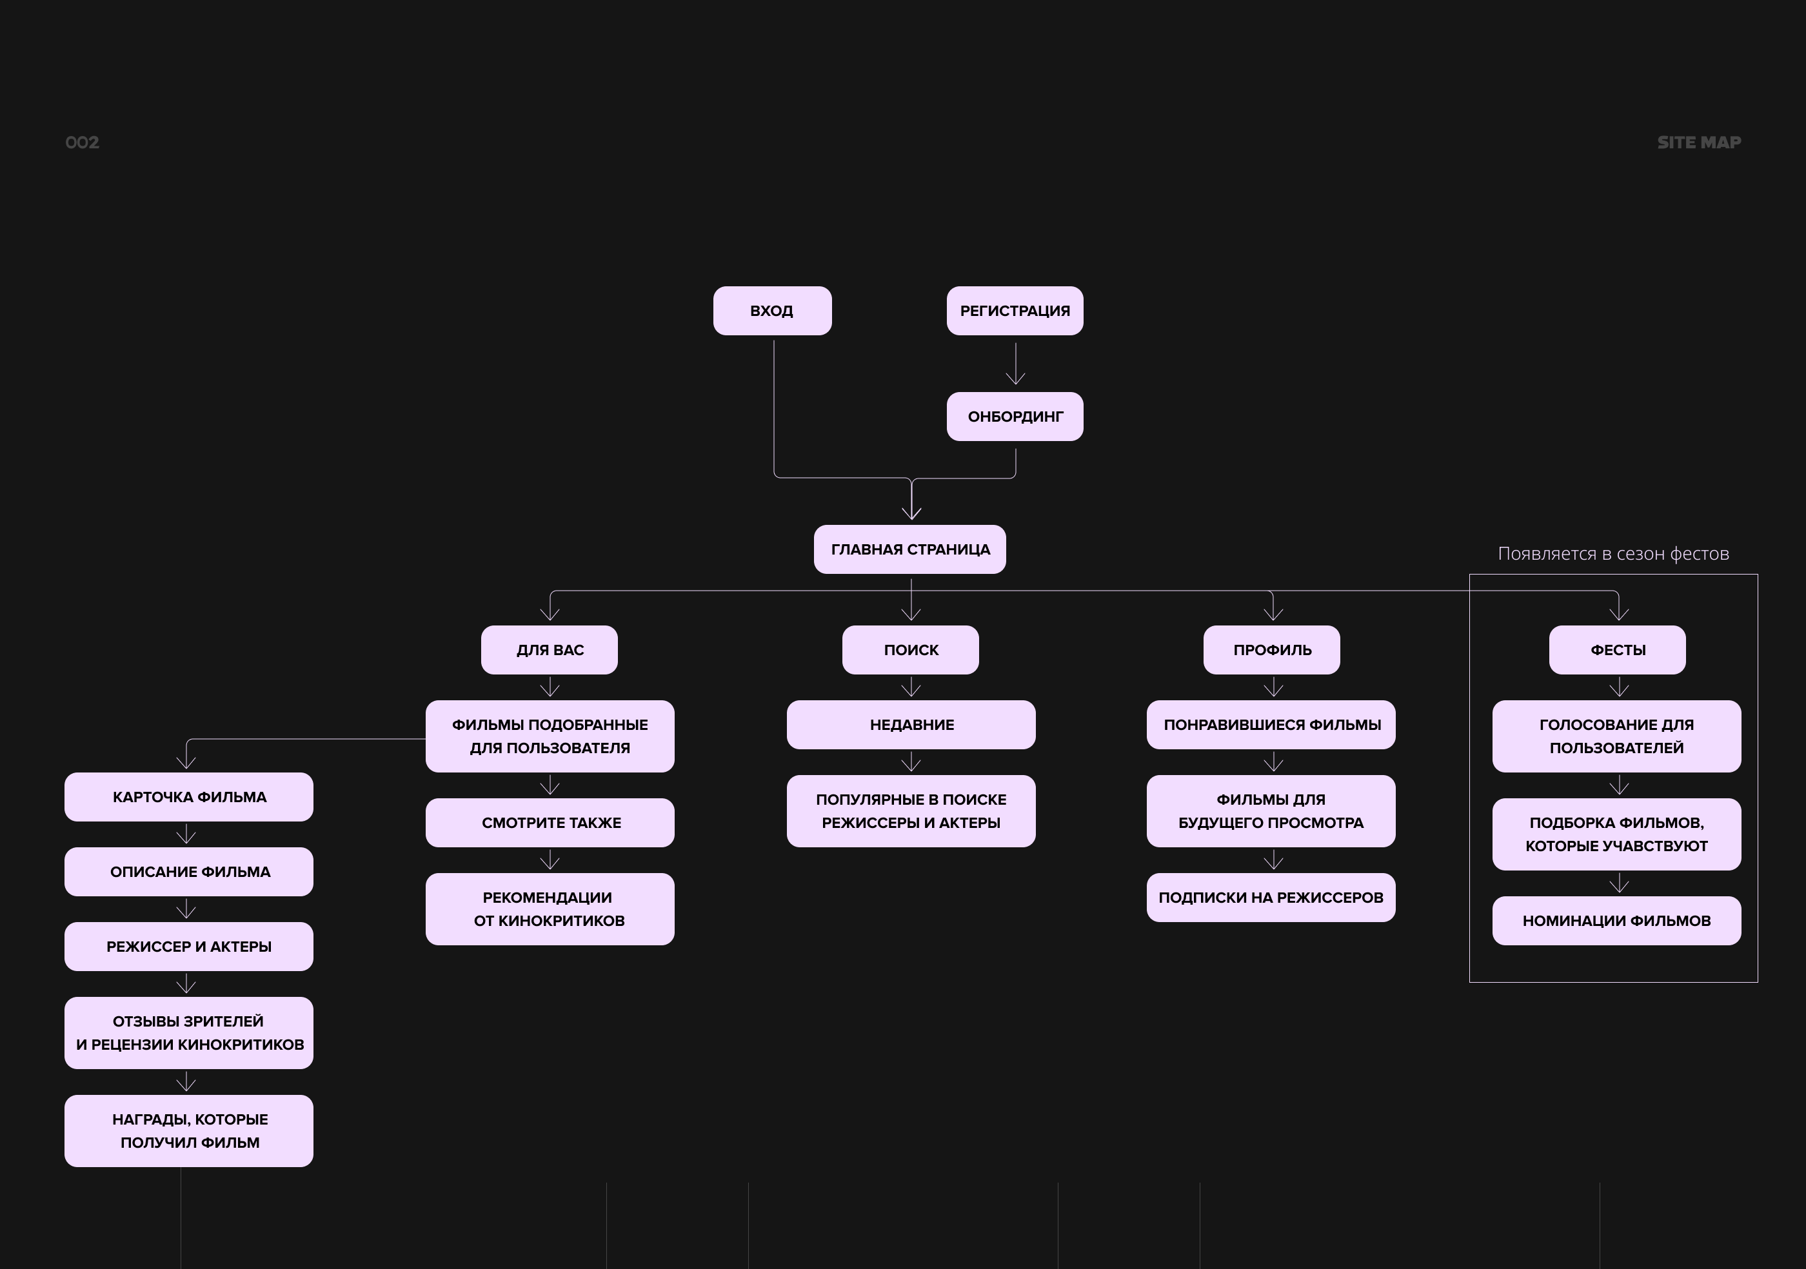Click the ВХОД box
pyautogui.click(x=773, y=311)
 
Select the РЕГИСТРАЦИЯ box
pyautogui.click(x=1015, y=311)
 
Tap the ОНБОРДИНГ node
pyautogui.click(x=1015, y=417)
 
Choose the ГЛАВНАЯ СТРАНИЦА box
pyautogui.click(x=910, y=549)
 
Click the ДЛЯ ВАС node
pyautogui.click(x=549, y=650)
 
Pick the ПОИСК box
pyautogui.click(x=911, y=650)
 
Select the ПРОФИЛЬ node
pyautogui.click(x=1272, y=650)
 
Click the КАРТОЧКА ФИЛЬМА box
pyautogui.click(x=189, y=797)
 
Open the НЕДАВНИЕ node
pyautogui.click(x=911, y=725)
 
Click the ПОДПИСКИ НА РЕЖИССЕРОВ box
pyautogui.click(x=1271, y=898)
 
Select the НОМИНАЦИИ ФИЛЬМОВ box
pyautogui.click(x=1616, y=921)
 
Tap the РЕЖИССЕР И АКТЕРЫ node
pyautogui.click(x=189, y=947)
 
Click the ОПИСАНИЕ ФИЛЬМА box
pyautogui.click(x=189, y=872)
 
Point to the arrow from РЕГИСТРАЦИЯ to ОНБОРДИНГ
pyautogui.click(x=1015, y=363)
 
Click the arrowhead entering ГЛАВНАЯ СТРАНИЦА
pyautogui.click(x=911, y=513)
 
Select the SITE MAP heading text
pyautogui.click(x=1699, y=143)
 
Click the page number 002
pyautogui.click(x=82, y=143)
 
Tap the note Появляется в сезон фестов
pyautogui.click(x=1613, y=553)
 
